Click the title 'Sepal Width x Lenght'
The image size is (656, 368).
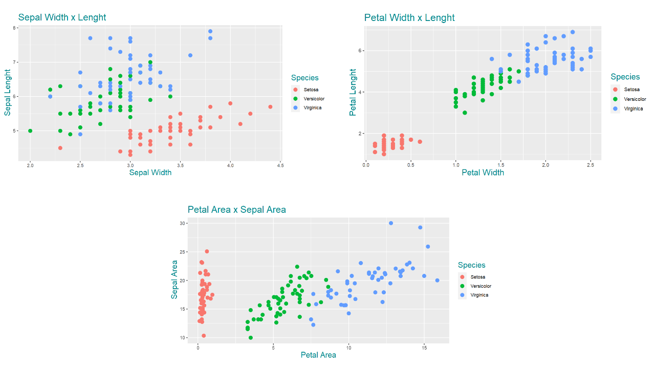point(62,17)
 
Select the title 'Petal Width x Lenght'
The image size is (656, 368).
point(409,18)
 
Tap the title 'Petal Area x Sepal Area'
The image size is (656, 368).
point(237,209)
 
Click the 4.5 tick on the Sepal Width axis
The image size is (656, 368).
point(280,165)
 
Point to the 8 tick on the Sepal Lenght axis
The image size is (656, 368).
point(14,28)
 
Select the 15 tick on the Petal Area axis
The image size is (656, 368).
point(424,348)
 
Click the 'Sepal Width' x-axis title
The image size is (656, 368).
point(150,172)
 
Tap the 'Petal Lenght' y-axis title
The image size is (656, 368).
point(353,93)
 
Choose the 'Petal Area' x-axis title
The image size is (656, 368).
point(318,355)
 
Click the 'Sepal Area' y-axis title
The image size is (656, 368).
point(175,279)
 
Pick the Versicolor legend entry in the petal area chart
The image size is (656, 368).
point(480,286)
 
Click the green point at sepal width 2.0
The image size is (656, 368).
point(30,131)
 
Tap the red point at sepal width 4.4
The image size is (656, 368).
point(270,106)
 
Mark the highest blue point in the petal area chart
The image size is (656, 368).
point(390,223)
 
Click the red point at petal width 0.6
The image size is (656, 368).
point(420,142)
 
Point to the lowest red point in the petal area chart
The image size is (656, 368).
point(204,336)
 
